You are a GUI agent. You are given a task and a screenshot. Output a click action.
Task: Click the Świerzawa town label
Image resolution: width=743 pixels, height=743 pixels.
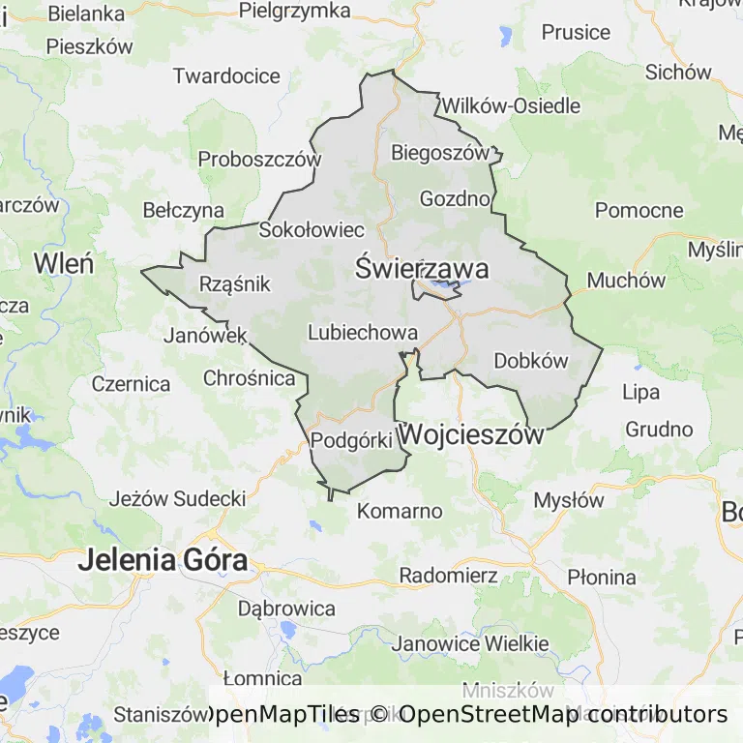coord(421,268)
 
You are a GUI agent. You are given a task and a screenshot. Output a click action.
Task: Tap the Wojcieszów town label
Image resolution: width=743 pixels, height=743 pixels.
coord(471,434)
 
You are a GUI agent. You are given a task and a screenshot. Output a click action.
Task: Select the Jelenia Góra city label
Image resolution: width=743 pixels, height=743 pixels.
coord(163,559)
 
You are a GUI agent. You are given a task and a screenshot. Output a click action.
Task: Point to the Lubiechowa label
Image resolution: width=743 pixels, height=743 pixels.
coord(362,333)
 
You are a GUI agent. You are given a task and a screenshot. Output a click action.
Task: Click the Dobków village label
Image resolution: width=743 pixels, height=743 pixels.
coord(530,361)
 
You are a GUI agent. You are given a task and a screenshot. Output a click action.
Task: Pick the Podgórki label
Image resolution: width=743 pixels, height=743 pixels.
coord(351,440)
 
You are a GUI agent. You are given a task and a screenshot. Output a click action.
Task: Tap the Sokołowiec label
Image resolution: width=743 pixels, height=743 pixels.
coord(312,229)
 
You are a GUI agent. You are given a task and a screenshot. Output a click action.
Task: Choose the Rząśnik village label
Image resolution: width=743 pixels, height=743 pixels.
coord(234,283)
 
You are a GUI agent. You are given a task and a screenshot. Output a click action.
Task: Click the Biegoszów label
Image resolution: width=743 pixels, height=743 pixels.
coord(440,152)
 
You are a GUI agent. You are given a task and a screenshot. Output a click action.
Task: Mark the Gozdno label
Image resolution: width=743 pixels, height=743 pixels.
coord(455,198)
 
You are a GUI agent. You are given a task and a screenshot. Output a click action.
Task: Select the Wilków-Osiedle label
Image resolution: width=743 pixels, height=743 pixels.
coord(511,105)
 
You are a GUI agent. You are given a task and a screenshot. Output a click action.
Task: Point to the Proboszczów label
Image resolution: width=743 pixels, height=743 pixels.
coord(258,159)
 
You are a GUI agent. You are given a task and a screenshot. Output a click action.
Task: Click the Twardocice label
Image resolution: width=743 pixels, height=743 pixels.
coord(226,75)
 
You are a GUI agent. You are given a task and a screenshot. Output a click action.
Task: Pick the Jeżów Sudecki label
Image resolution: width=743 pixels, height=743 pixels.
coord(177,499)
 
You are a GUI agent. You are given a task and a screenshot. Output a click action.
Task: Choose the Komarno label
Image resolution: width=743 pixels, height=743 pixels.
coord(400,511)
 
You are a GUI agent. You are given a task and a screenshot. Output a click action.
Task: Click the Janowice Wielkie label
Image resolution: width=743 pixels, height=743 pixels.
coord(471,643)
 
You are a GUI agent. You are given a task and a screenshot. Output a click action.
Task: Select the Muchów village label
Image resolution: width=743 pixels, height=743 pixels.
coord(626,281)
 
